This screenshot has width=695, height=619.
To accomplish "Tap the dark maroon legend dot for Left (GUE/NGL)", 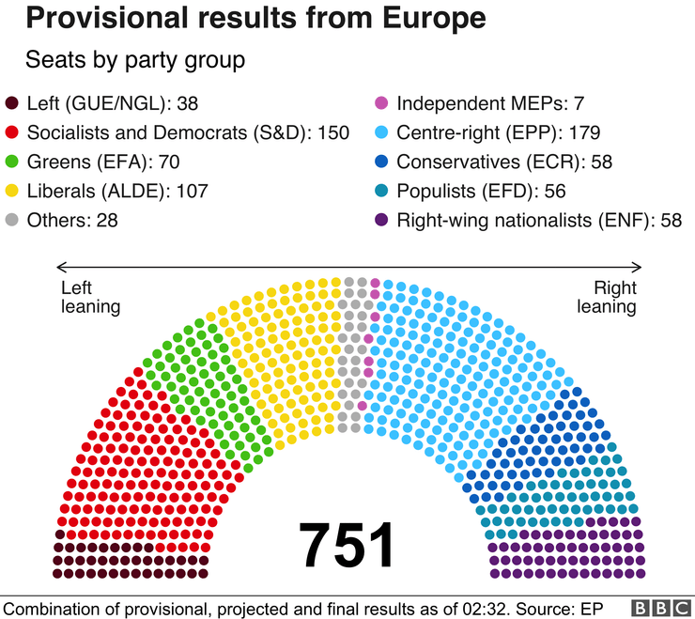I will point(12,103).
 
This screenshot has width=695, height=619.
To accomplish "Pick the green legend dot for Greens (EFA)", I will point(12,162).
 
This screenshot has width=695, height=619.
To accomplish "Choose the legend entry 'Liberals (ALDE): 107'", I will point(118,191).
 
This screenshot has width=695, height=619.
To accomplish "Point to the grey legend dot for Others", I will point(12,220).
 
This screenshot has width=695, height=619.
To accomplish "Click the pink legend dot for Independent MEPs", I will point(380,103).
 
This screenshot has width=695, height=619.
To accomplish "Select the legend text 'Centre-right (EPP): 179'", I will point(499,132).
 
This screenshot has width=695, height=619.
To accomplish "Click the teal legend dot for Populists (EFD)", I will point(380,191).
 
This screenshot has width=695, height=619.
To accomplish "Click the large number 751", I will point(347,545).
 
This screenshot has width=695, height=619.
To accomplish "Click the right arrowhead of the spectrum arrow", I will point(639,267).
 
